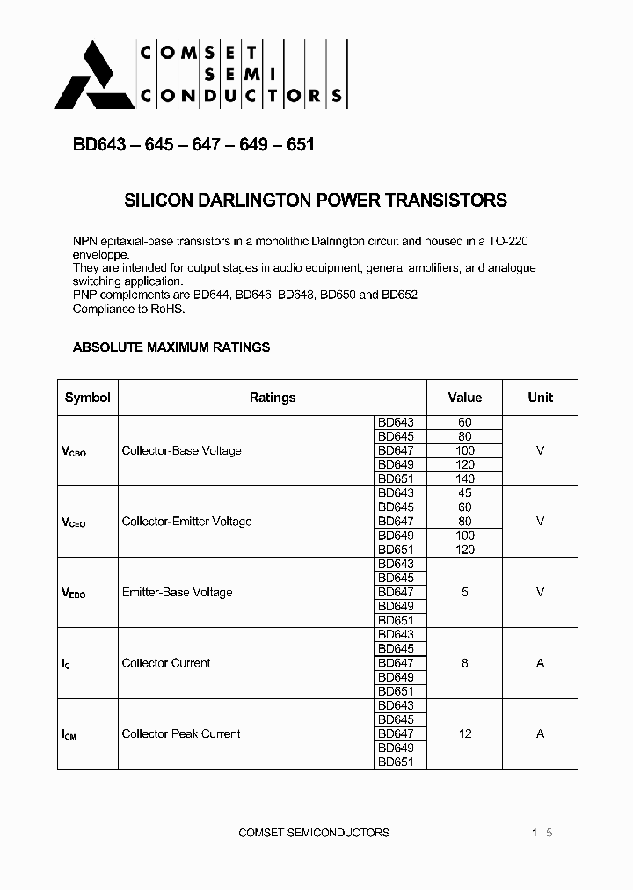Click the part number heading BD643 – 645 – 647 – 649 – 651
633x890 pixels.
pyautogui.click(x=193, y=144)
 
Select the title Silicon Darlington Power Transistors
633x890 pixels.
pyautogui.click(x=316, y=201)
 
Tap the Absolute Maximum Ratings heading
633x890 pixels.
pyautogui.click(x=171, y=347)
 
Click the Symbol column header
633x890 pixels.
pyautogui.click(x=88, y=398)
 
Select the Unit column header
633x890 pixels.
pyautogui.click(x=540, y=398)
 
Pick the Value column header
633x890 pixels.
pyautogui.click(x=465, y=398)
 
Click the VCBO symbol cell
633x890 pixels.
pyautogui.click(x=74, y=451)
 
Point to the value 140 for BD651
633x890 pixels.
pyautogui.click(x=465, y=479)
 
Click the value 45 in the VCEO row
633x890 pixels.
pyautogui.click(x=465, y=493)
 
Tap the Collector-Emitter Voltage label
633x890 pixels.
pyautogui.click(x=186, y=522)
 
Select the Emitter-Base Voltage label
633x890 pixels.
pyautogui.click(x=177, y=593)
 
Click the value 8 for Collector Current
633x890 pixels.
pyautogui.click(x=465, y=663)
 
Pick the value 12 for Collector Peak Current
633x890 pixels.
pyautogui.click(x=465, y=733)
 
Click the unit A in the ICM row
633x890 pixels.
pyautogui.click(x=540, y=733)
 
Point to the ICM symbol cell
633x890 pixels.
pyautogui.click(x=69, y=734)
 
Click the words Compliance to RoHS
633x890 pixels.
pyautogui.click(x=129, y=309)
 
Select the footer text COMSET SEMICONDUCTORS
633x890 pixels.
pyautogui.click(x=314, y=832)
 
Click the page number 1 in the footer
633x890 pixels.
pyautogui.click(x=535, y=832)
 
